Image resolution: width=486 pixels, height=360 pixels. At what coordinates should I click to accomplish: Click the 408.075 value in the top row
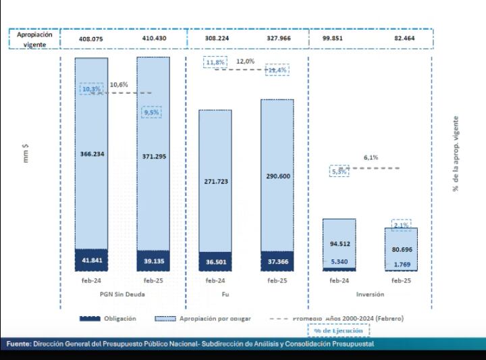91,39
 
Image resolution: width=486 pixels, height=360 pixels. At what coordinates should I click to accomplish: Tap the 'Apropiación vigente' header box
34,39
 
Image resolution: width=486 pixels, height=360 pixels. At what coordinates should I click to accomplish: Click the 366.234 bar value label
91,153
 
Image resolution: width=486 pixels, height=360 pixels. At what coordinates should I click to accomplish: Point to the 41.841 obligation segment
91,260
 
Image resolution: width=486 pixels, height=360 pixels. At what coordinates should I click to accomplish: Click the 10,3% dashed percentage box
90,88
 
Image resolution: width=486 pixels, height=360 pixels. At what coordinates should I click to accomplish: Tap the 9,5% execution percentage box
151,113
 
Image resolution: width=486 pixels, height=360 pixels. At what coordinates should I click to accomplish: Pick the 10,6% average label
119,84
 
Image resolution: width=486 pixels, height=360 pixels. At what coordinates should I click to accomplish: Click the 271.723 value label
215,182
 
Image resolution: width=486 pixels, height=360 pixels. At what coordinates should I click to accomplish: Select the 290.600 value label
277,176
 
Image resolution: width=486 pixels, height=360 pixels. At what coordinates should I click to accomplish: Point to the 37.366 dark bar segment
277,261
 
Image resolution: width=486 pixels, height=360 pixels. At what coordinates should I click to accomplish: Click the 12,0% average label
246,61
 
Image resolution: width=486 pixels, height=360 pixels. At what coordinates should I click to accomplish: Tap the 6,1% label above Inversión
371,157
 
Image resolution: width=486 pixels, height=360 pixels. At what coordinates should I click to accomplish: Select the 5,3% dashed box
340,172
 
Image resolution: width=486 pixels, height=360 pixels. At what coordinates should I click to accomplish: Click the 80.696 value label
402,249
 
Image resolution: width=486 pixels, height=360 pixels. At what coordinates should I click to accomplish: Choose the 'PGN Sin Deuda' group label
122,294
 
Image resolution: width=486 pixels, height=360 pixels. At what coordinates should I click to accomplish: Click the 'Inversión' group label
371,294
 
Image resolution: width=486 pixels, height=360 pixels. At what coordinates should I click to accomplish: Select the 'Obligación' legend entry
109,318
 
